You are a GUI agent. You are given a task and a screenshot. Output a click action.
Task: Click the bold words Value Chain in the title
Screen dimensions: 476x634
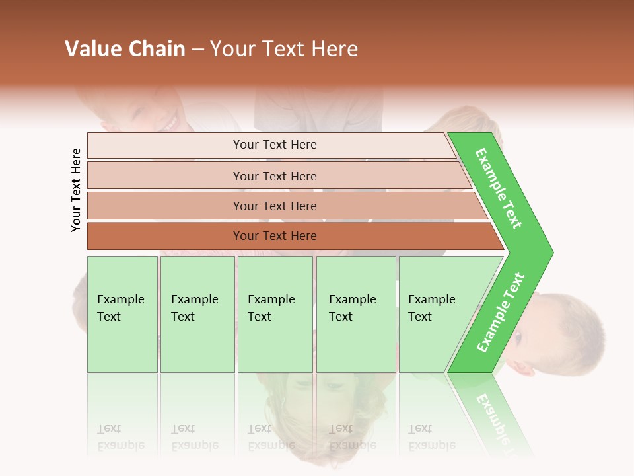(125, 49)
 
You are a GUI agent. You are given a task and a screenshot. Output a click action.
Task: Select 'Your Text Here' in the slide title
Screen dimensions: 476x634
(284, 49)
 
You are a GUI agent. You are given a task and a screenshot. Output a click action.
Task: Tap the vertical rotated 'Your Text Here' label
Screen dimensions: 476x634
(76, 190)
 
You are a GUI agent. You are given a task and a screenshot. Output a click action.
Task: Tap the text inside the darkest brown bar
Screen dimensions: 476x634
(275, 236)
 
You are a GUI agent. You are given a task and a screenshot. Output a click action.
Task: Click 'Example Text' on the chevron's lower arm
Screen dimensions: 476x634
(500, 313)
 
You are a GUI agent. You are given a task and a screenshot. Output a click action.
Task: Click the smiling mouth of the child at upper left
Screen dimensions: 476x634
(170, 124)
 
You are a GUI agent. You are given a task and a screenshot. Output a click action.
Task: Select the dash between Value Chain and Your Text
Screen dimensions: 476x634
(197, 50)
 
